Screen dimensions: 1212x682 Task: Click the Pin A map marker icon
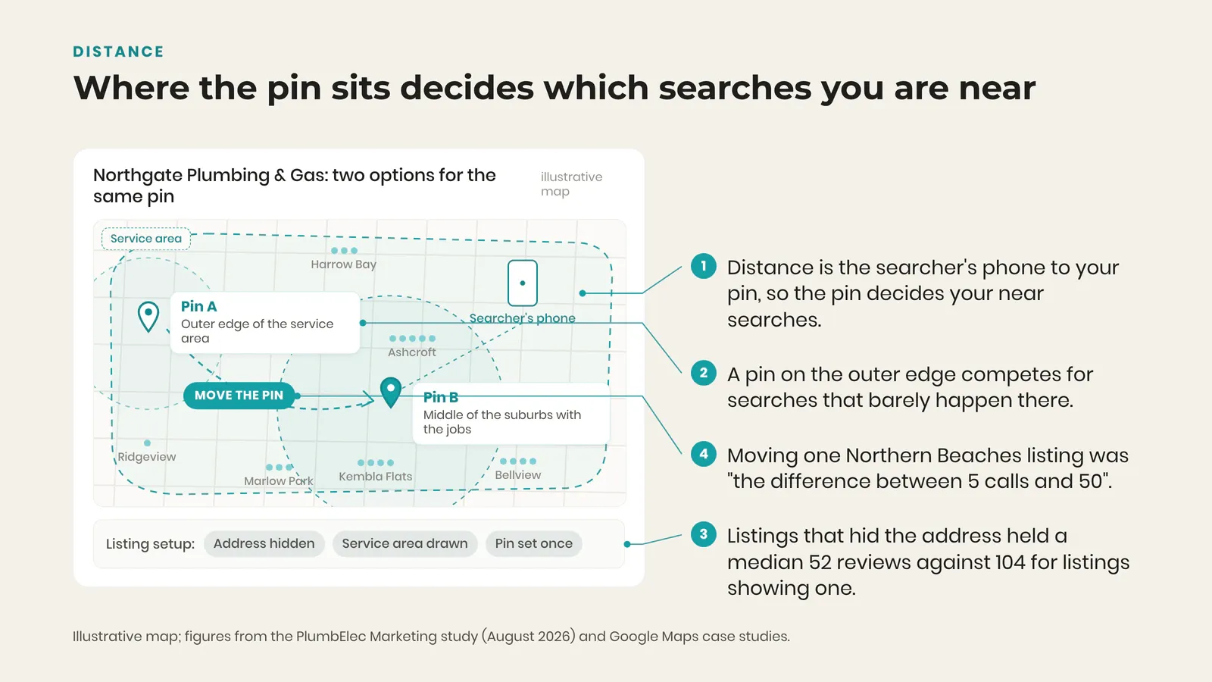coord(148,316)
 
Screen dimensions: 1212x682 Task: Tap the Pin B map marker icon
coord(391,393)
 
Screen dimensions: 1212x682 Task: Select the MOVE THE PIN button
coord(239,396)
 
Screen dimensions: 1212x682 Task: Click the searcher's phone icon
coord(522,283)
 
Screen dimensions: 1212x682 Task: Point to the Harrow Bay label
coord(344,264)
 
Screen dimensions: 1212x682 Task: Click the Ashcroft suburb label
coord(412,352)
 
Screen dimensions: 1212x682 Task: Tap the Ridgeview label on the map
coord(147,457)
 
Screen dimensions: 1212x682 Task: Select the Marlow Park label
coord(278,481)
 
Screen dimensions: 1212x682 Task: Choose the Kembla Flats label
coord(376,477)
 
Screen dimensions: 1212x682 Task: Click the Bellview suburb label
coord(518,474)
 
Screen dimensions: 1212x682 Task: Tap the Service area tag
coord(146,239)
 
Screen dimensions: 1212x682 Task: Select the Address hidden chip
coord(264,543)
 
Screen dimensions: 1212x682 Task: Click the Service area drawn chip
coord(405,543)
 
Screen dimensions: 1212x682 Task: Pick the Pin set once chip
coord(533,543)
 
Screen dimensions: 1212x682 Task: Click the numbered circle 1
coord(704,266)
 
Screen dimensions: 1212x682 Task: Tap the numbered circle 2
coord(704,373)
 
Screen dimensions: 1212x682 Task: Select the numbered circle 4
coord(704,454)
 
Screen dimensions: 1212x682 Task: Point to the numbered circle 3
coord(704,534)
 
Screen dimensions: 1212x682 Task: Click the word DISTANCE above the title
coord(118,52)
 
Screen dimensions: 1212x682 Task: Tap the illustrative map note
coord(571,184)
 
